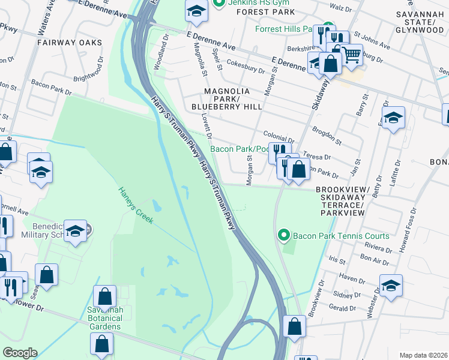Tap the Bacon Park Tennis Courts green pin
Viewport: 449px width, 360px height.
coord(284,236)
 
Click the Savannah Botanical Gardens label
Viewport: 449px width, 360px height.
coord(104,317)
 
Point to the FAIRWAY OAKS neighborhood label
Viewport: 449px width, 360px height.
coord(68,43)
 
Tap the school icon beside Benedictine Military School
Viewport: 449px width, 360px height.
coord(76,231)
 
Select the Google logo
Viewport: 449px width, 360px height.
coord(20,353)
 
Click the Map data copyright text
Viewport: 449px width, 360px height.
coord(423,355)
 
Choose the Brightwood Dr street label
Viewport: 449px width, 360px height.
coord(88,74)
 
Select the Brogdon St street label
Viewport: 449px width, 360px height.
coord(327,136)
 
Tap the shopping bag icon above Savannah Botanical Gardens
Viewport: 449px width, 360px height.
coord(104,296)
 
